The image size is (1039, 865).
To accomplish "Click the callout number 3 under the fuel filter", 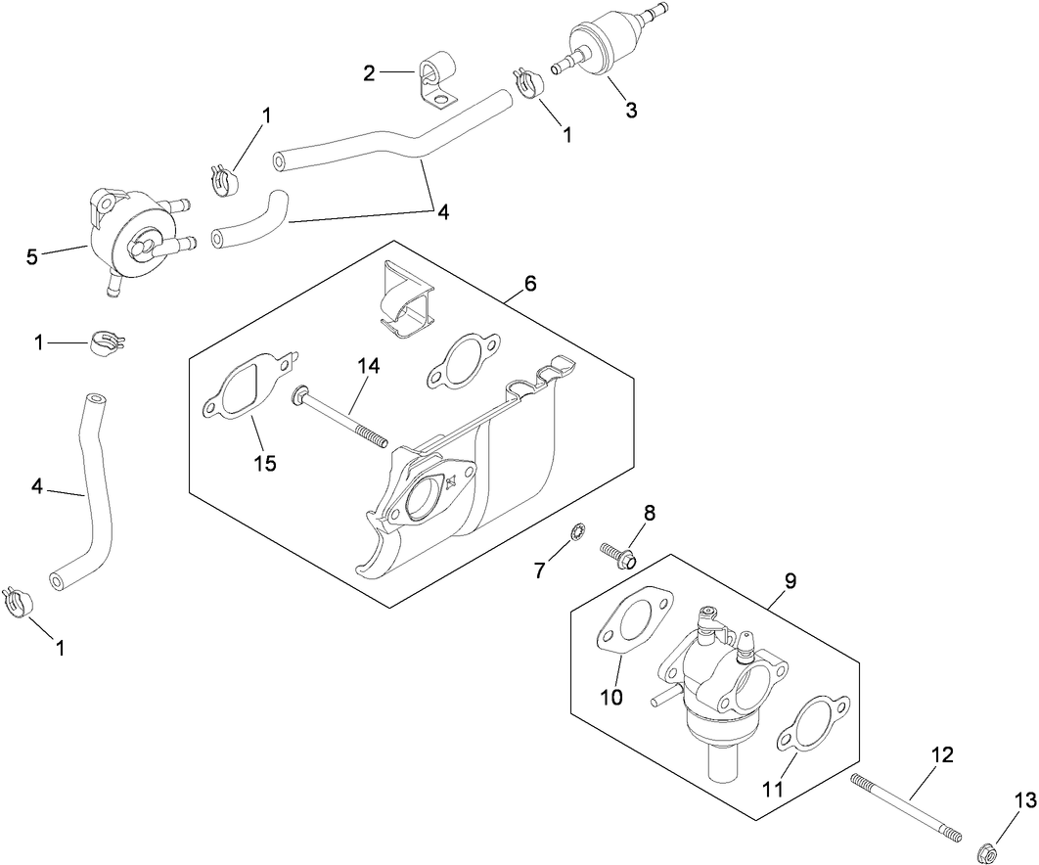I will pyautogui.click(x=631, y=111).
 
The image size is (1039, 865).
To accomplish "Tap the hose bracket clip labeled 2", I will pyautogui.click(x=434, y=82).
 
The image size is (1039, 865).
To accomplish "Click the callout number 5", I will pyautogui.click(x=33, y=256).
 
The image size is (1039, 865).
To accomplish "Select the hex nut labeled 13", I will pyautogui.click(x=986, y=843).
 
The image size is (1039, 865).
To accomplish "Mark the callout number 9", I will pyautogui.click(x=790, y=580).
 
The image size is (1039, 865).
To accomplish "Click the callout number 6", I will pyautogui.click(x=529, y=284).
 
